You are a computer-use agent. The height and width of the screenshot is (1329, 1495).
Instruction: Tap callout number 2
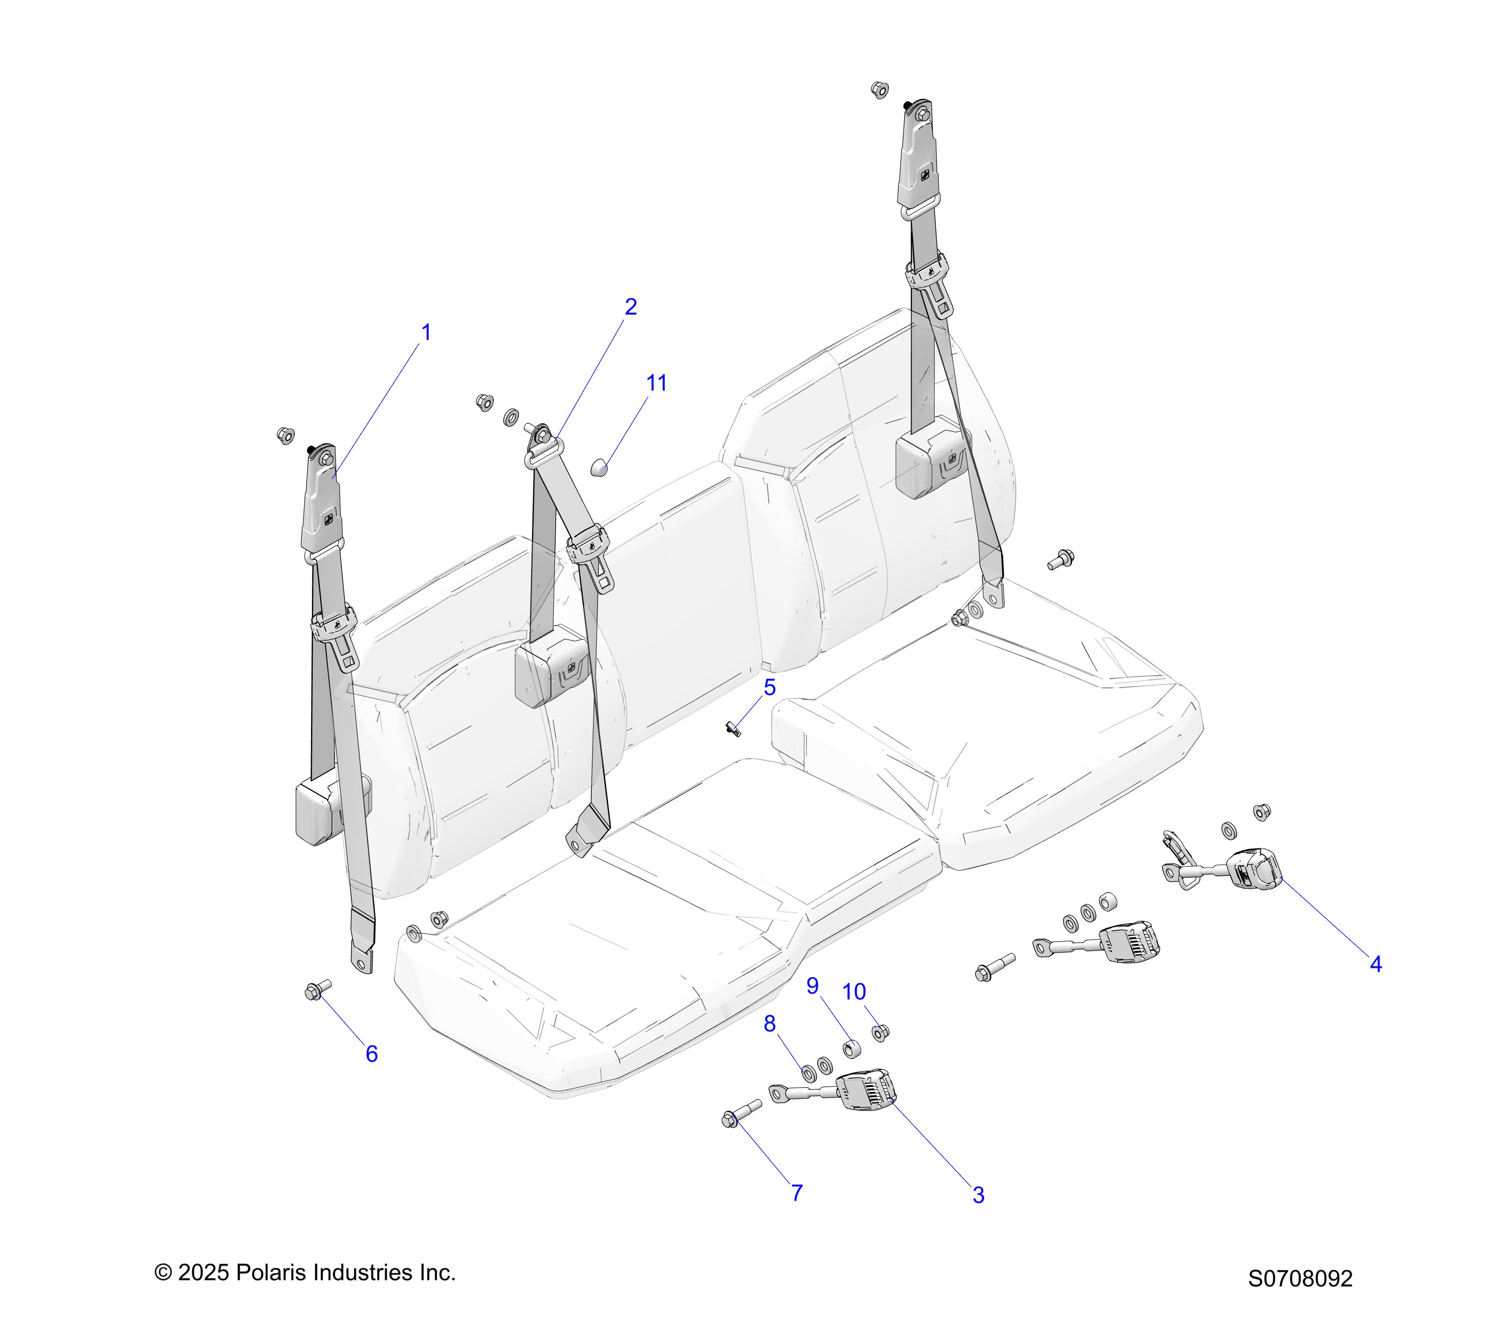(x=630, y=307)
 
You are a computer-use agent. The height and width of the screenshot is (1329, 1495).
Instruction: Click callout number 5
(x=770, y=688)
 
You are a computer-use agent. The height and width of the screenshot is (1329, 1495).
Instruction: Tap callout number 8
(x=770, y=1024)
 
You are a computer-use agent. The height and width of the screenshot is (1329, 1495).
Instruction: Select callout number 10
(x=853, y=993)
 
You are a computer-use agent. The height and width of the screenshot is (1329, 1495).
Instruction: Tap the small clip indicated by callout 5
(x=734, y=728)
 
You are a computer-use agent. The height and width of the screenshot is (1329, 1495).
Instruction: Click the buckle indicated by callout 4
(x=1253, y=870)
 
